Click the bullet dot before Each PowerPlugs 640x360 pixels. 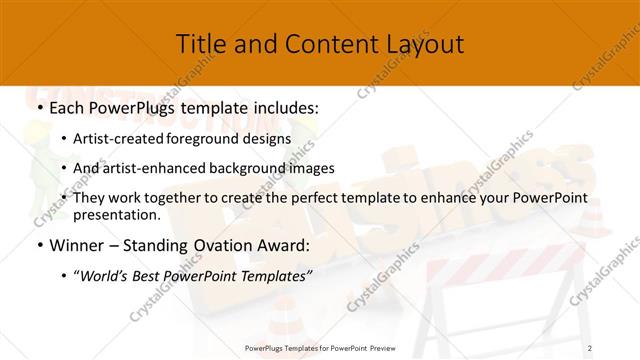tap(39, 106)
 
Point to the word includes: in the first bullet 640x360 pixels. tap(283, 106)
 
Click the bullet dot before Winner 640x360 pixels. tap(39, 245)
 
